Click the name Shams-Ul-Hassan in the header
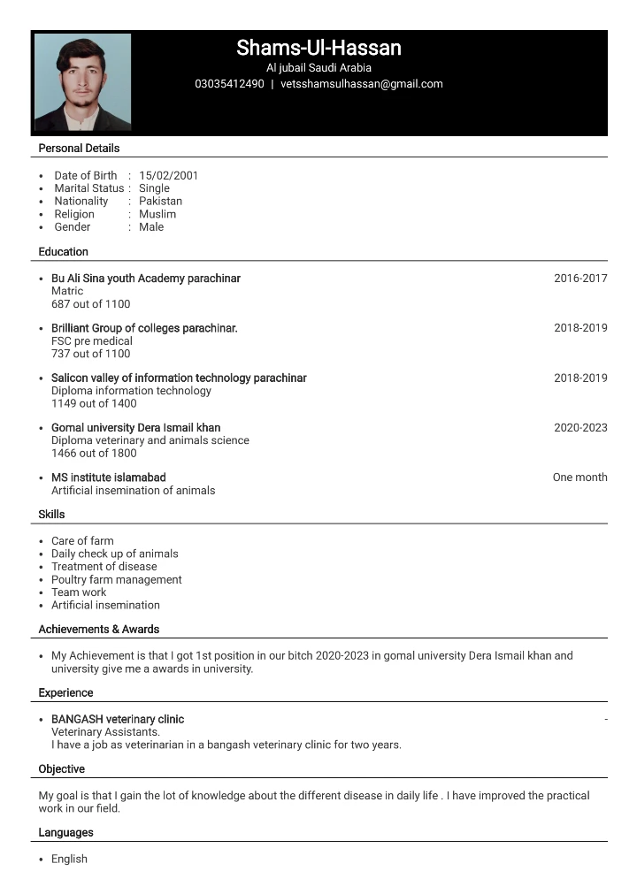tap(318, 48)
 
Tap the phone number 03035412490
tap(229, 84)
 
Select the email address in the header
tap(361, 84)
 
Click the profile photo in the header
tap(82, 82)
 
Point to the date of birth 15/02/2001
tap(168, 175)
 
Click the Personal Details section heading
tap(79, 148)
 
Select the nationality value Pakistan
tap(160, 201)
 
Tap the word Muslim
tap(157, 214)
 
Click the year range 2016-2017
tap(580, 279)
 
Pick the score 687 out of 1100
tap(90, 304)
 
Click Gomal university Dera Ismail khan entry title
tap(135, 427)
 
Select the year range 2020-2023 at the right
tap(580, 427)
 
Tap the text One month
tap(579, 478)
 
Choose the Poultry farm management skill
tap(116, 579)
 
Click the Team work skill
tap(79, 592)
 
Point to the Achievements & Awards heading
tap(98, 629)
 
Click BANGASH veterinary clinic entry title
tap(118, 719)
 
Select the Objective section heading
tap(61, 768)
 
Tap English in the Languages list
tap(69, 859)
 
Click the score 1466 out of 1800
tap(94, 453)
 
